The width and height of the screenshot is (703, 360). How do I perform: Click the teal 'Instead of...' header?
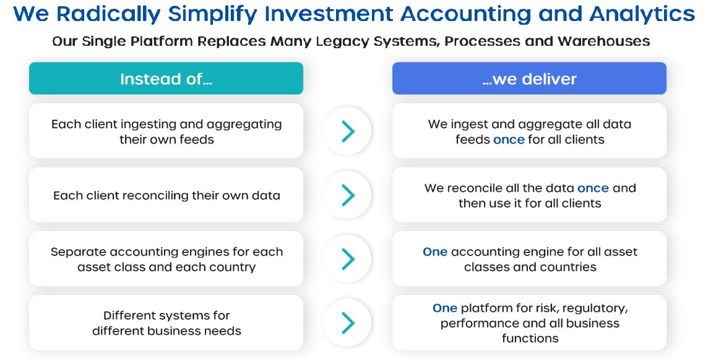click(x=166, y=79)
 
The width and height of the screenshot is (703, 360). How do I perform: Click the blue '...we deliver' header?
click(x=529, y=79)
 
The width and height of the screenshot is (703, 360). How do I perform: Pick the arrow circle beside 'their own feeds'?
click(x=347, y=131)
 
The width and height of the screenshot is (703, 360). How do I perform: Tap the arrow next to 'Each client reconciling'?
click(x=347, y=195)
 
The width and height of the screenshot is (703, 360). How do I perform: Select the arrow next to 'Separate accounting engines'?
click(x=347, y=259)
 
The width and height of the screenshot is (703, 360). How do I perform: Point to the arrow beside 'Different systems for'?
click(x=347, y=323)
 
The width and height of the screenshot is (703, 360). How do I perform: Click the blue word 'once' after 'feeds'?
click(x=509, y=139)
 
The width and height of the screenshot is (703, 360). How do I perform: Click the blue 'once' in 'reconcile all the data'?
click(x=593, y=188)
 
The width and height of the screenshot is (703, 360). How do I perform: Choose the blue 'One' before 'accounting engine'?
click(x=435, y=252)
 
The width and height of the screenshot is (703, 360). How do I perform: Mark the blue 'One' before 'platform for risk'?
click(x=445, y=308)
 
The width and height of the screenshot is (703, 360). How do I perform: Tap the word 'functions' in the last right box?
click(x=530, y=338)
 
